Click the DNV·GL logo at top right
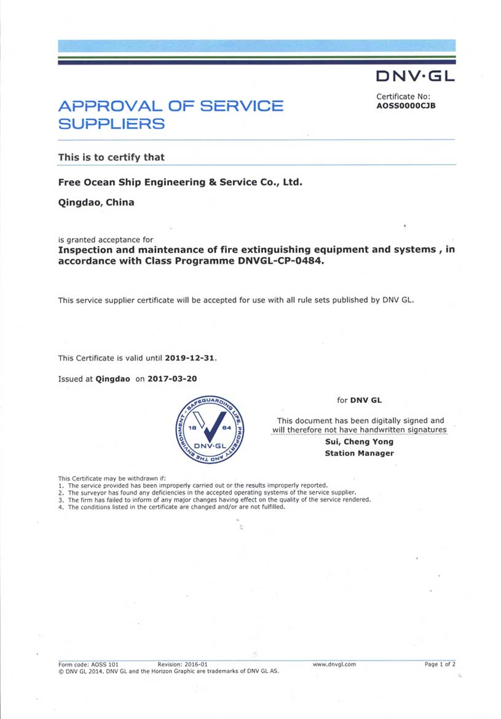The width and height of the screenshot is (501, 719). [x=415, y=76]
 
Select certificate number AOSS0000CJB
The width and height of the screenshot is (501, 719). [x=406, y=105]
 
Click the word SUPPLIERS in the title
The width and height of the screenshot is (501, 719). [x=111, y=124]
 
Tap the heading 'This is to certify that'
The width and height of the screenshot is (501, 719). [x=111, y=157]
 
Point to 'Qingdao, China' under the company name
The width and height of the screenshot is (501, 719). [x=96, y=202]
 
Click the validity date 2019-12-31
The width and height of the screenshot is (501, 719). [x=191, y=358]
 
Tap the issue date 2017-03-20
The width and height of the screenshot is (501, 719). [x=172, y=379]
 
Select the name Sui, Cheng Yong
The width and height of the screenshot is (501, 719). [x=359, y=442]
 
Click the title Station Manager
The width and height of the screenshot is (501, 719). [x=359, y=453]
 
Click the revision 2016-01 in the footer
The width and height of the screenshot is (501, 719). [x=183, y=664]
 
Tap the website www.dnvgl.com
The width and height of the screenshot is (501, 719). [x=334, y=664]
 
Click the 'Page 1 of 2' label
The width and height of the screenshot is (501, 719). [x=440, y=664]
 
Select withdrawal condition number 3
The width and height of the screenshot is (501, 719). [x=215, y=500]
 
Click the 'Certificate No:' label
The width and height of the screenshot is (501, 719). [x=403, y=97]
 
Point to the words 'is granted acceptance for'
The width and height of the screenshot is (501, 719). [x=106, y=239]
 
